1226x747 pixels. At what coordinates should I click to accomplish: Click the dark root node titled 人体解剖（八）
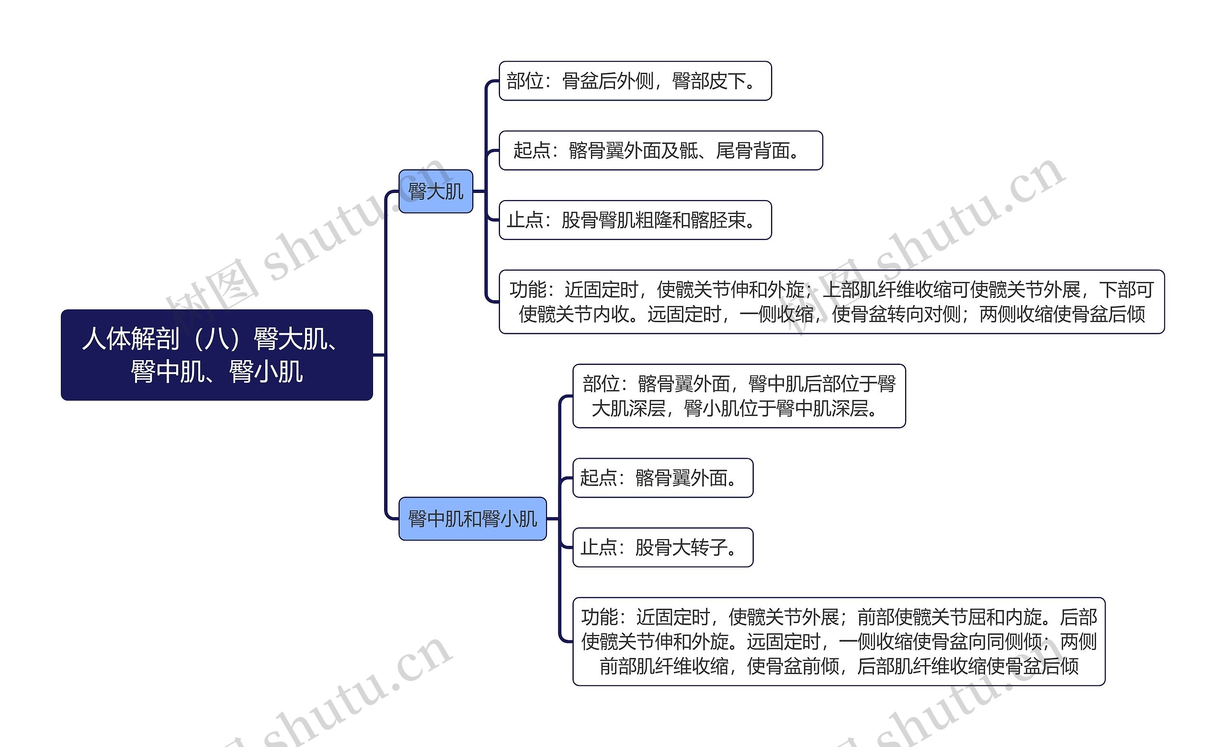tap(216, 355)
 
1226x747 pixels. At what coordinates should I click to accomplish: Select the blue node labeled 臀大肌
tap(435, 192)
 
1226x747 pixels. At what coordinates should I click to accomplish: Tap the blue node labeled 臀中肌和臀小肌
tap(472, 519)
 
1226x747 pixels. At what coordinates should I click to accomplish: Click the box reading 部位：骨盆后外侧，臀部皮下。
tap(635, 81)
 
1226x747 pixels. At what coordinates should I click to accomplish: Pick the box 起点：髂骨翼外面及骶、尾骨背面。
tap(660, 151)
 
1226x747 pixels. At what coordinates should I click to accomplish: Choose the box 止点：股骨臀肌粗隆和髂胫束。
tap(635, 220)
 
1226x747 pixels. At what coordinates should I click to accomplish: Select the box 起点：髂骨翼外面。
tap(663, 478)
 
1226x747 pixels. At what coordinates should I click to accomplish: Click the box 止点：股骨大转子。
tap(663, 548)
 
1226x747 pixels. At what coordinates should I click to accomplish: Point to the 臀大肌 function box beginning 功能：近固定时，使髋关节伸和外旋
tap(831, 302)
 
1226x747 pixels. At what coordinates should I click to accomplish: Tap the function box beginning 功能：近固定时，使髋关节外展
tap(839, 642)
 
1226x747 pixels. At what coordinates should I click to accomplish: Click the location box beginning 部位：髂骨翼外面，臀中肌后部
tap(739, 396)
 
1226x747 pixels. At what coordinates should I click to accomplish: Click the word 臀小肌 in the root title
tap(266, 372)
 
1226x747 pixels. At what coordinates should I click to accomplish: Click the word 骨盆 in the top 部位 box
tap(580, 81)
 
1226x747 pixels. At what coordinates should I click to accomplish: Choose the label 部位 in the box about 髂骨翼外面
tap(601, 384)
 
